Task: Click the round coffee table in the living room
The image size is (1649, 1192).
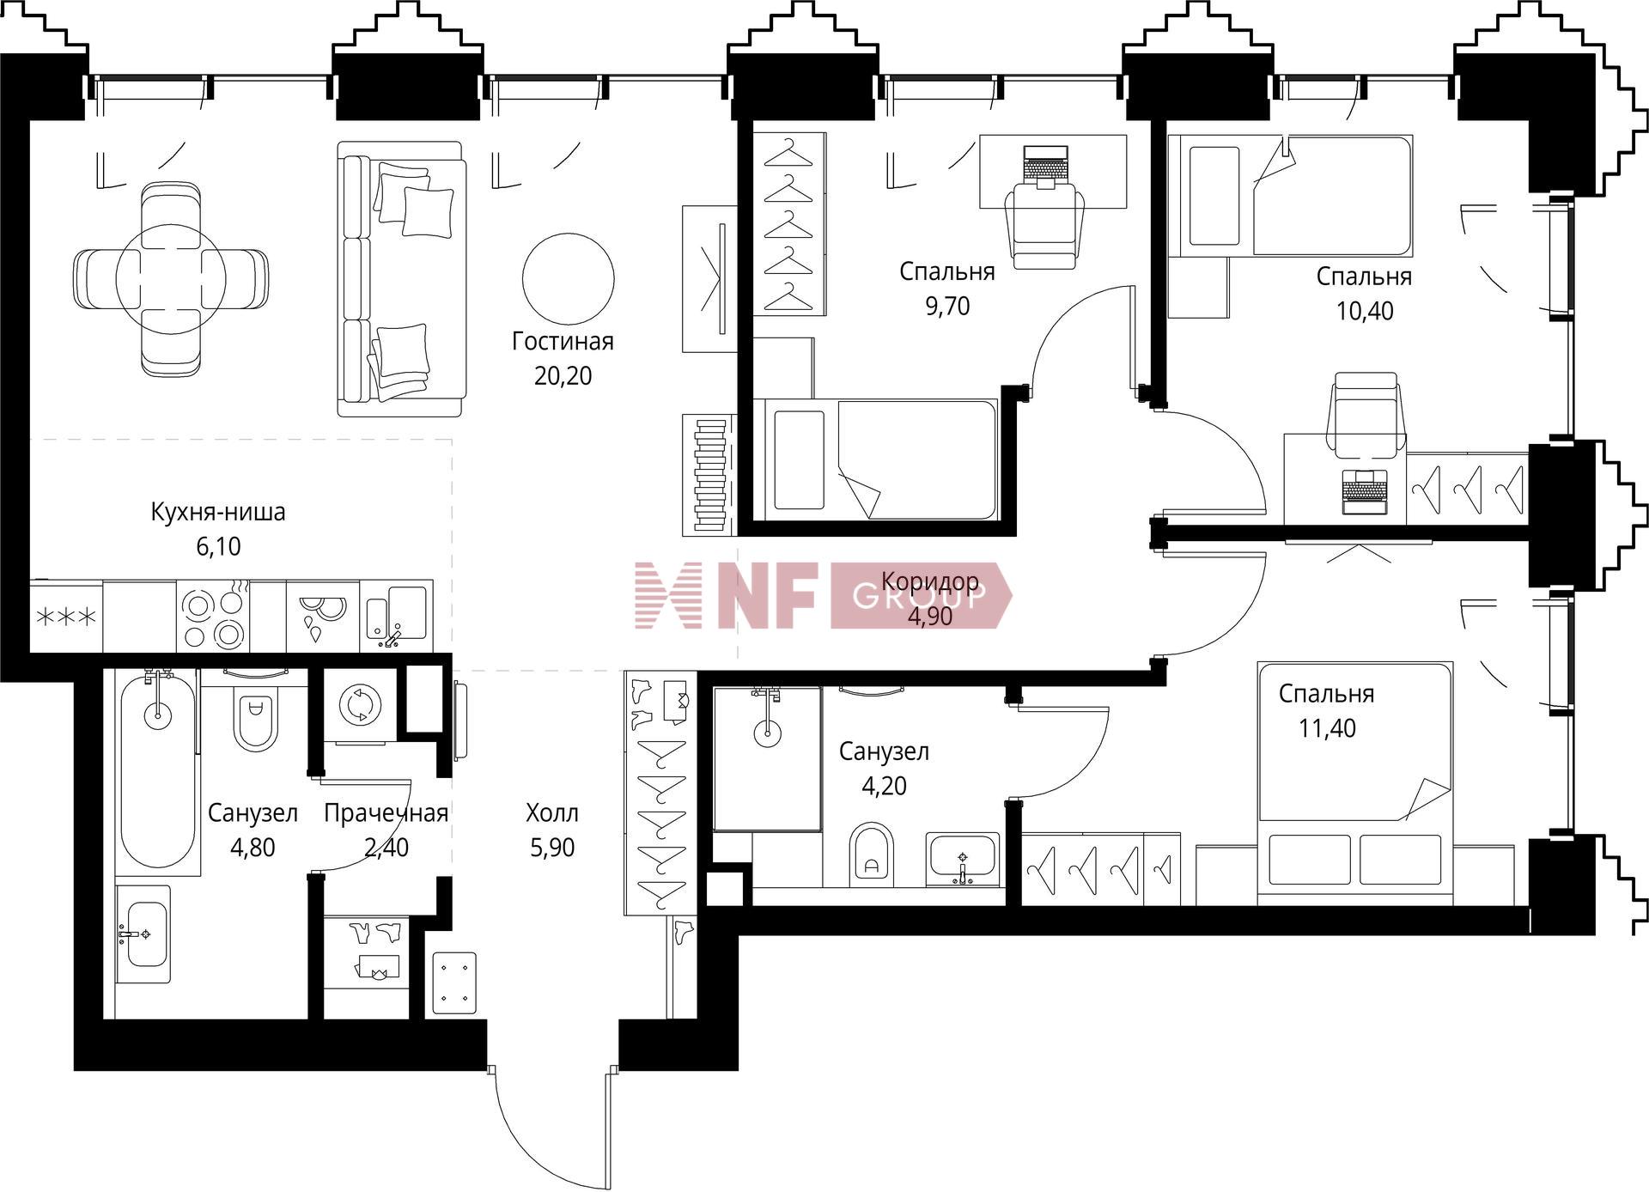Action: (569, 277)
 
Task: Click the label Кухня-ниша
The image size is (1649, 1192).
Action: (218, 513)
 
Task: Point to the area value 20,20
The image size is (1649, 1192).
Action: (563, 376)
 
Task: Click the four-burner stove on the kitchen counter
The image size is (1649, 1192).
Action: (213, 616)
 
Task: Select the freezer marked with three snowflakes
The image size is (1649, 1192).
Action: (66, 616)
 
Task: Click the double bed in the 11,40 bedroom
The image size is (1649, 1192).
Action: (1354, 783)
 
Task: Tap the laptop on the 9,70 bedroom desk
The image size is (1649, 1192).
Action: (1044, 166)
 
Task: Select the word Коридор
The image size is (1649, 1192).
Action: (930, 581)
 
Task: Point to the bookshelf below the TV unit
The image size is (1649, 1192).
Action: (709, 474)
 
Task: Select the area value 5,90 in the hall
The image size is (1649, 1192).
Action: (552, 848)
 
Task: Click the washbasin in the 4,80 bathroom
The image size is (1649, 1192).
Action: (143, 934)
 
